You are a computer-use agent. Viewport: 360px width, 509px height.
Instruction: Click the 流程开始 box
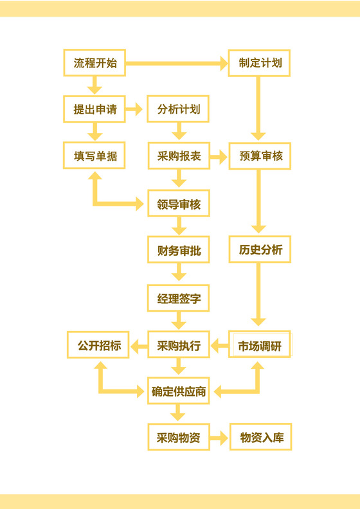click(95, 64)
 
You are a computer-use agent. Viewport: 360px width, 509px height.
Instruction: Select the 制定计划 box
click(259, 64)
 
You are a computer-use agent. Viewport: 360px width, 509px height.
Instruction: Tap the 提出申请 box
click(95, 109)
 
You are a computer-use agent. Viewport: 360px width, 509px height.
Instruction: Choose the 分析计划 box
click(179, 109)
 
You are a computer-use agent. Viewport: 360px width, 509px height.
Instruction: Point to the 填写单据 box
click(95, 156)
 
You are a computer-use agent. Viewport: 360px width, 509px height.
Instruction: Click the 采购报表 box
click(179, 156)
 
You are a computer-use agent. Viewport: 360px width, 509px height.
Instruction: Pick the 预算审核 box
click(259, 156)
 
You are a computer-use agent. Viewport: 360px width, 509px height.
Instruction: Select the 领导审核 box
click(179, 204)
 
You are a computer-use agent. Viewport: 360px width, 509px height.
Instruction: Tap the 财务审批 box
click(179, 251)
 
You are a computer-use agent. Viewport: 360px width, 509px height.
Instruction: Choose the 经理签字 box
click(179, 299)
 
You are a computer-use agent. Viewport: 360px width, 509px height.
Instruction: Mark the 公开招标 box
click(99, 345)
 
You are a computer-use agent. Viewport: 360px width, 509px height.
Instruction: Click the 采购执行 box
click(179, 345)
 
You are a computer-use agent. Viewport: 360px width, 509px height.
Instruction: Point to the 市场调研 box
click(260, 345)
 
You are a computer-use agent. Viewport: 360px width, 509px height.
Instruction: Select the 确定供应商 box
click(179, 391)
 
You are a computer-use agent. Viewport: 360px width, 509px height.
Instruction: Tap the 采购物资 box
click(179, 438)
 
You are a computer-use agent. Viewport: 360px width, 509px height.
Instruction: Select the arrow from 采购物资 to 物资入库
click(219, 439)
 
